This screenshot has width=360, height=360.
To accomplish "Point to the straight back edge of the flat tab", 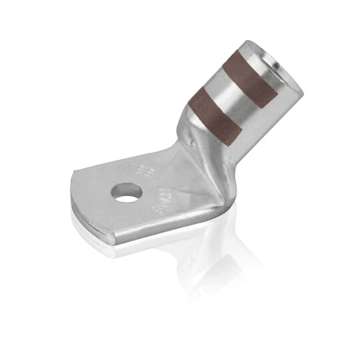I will point(120,160).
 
